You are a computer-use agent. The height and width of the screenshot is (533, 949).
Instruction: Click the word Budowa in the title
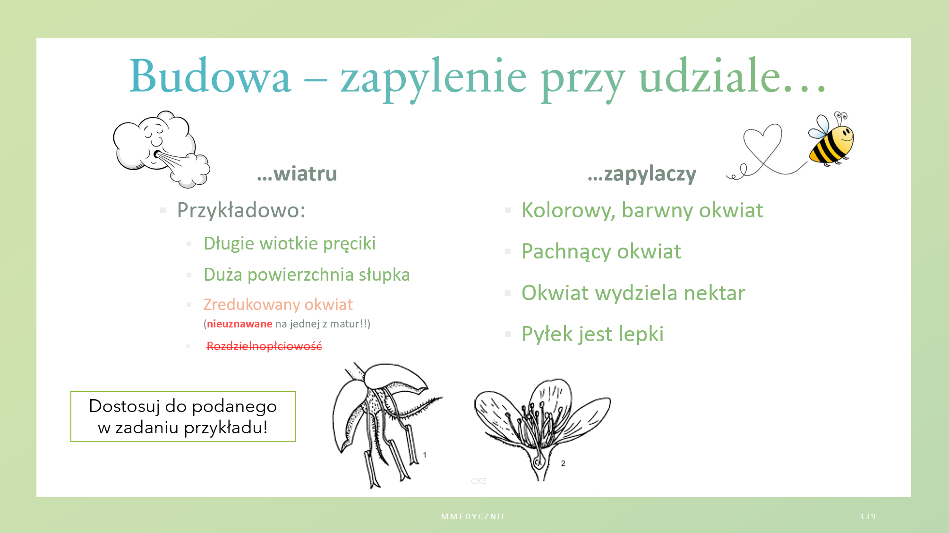pyautogui.click(x=210, y=76)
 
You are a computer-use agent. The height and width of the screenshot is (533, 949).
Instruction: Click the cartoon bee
pyautogui.click(x=830, y=138)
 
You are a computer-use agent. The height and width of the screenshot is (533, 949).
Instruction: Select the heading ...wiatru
pyautogui.click(x=297, y=174)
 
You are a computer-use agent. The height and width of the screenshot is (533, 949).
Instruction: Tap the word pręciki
pyautogui.click(x=350, y=244)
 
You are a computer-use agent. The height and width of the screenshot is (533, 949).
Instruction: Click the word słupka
pyautogui.click(x=384, y=275)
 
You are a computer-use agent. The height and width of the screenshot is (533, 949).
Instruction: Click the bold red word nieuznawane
pyautogui.click(x=239, y=324)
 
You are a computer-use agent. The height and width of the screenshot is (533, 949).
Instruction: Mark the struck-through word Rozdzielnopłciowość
pyautogui.click(x=264, y=346)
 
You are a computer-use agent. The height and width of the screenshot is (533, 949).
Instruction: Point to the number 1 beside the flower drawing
pyautogui.click(x=425, y=455)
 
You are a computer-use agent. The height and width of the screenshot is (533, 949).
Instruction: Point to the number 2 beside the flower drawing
pyautogui.click(x=563, y=464)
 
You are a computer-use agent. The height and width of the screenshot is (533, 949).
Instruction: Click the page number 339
pyautogui.click(x=868, y=516)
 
